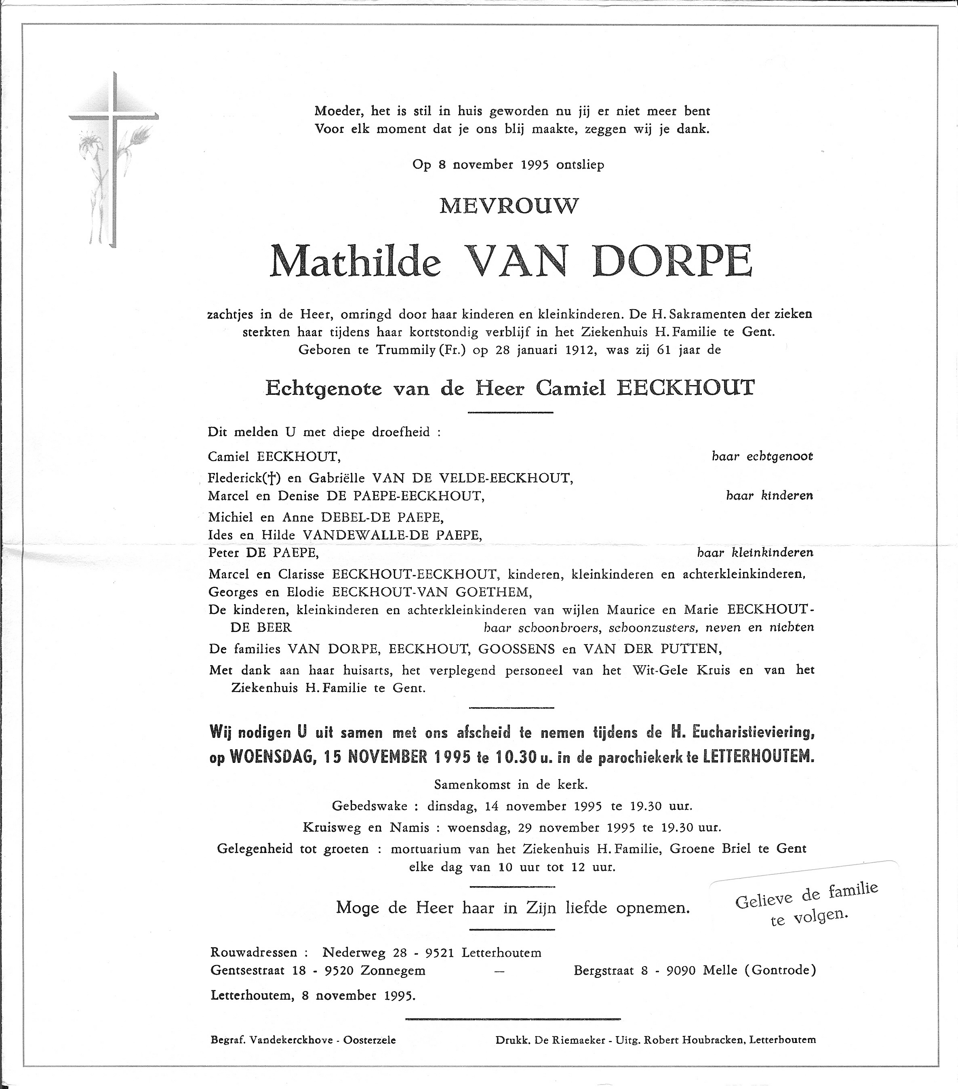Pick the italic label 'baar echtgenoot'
(762, 457)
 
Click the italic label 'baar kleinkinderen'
(755, 552)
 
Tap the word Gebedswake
(369, 806)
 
